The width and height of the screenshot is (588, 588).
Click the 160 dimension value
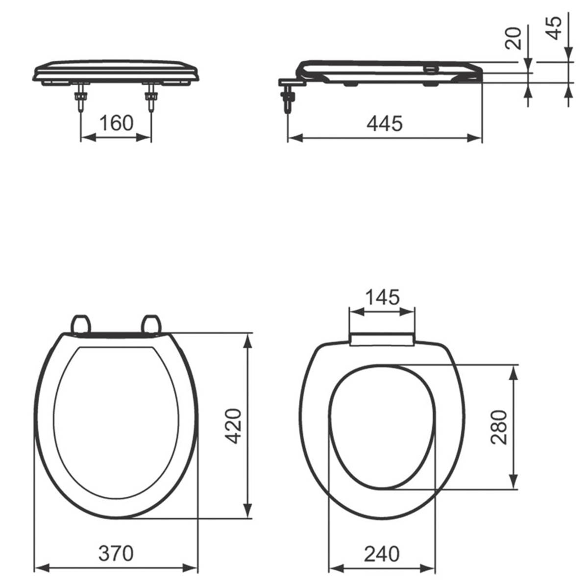[116, 123]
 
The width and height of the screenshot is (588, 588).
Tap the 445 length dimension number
[384, 123]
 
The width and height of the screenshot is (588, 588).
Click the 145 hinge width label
[382, 297]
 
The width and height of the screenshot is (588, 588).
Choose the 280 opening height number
[499, 427]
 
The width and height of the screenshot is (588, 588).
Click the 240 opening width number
[381, 554]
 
